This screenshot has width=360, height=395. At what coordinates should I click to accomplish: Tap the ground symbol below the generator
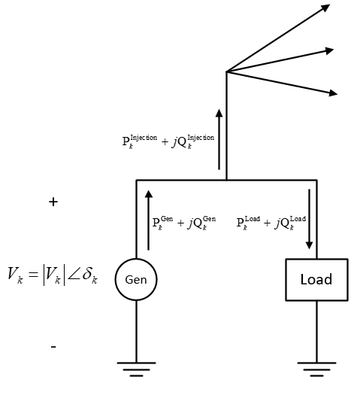(x=136, y=369)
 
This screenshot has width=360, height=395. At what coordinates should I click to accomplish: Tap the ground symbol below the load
(x=316, y=369)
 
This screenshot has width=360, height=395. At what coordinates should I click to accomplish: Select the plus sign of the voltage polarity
(x=53, y=202)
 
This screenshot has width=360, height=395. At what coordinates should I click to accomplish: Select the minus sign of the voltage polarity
(x=53, y=347)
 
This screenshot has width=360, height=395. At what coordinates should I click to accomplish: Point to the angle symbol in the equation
(x=74, y=274)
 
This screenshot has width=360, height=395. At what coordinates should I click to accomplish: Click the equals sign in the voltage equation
(x=33, y=275)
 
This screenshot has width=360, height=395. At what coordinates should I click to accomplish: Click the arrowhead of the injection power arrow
(x=219, y=113)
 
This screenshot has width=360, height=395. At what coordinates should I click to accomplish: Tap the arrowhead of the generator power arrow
(x=149, y=194)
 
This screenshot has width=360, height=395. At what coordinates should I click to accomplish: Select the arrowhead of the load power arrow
(x=309, y=245)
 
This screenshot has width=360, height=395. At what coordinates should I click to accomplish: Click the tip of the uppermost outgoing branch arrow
(x=330, y=5)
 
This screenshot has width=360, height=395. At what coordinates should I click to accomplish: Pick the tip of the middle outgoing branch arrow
(x=334, y=50)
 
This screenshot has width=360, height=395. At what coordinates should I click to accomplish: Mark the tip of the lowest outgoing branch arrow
(x=337, y=94)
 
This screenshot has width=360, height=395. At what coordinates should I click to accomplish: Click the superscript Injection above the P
(x=144, y=138)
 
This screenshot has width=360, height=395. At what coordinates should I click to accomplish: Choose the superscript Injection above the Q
(x=201, y=138)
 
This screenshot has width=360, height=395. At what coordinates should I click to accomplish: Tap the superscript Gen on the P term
(x=167, y=219)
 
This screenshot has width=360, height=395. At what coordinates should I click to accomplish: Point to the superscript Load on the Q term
(x=298, y=219)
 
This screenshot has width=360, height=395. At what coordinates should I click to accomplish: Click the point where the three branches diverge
(x=226, y=71)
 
